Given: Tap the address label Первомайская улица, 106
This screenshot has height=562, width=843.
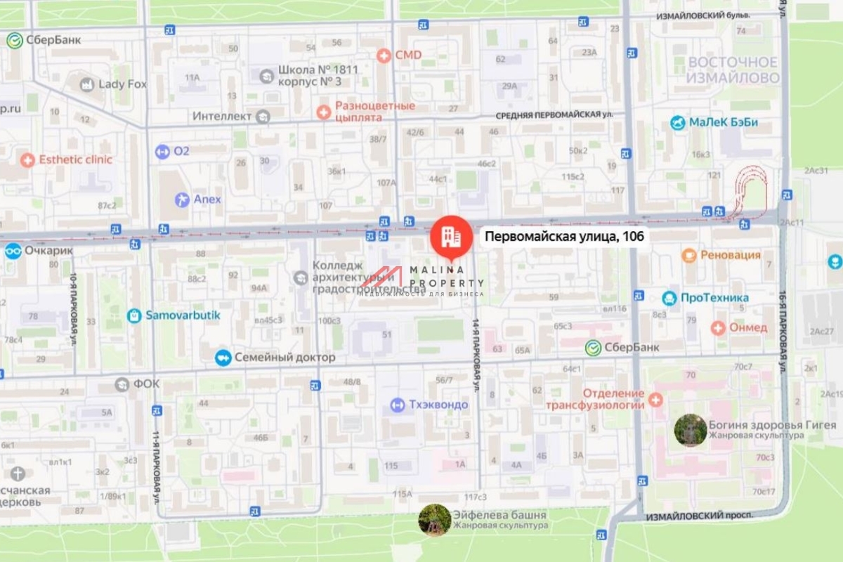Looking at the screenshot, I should (x=564, y=237).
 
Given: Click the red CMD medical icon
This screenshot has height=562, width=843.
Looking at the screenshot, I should (x=384, y=55).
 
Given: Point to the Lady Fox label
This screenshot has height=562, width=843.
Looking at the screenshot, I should (x=122, y=84).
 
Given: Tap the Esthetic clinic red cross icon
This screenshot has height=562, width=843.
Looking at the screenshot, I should (x=27, y=160).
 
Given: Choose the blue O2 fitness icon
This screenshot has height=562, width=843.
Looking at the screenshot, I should (x=162, y=151).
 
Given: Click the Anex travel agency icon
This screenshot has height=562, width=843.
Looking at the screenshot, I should (x=182, y=200).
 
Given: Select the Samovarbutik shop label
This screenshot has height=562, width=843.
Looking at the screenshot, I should (x=183, y=315).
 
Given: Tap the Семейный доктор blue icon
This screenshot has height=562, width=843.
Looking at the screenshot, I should (x=223, y=358).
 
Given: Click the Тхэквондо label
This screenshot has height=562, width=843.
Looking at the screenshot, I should (x=438, y=405).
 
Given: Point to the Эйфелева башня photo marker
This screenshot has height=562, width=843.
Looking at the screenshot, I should (x=434, y=520).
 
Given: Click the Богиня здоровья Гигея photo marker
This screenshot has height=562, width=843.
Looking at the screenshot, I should (x=690, y=430).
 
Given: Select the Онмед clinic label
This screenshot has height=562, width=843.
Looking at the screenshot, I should (x=748, y=327).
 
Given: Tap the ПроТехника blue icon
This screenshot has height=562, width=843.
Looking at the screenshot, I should (x=669, y=298).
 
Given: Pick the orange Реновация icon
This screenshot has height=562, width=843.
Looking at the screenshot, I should (x=689, y=255).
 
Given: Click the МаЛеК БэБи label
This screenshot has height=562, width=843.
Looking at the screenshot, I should (x=723, y=123).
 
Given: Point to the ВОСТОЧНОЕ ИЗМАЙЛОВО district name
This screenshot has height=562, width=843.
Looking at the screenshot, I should (x=733, y=70).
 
